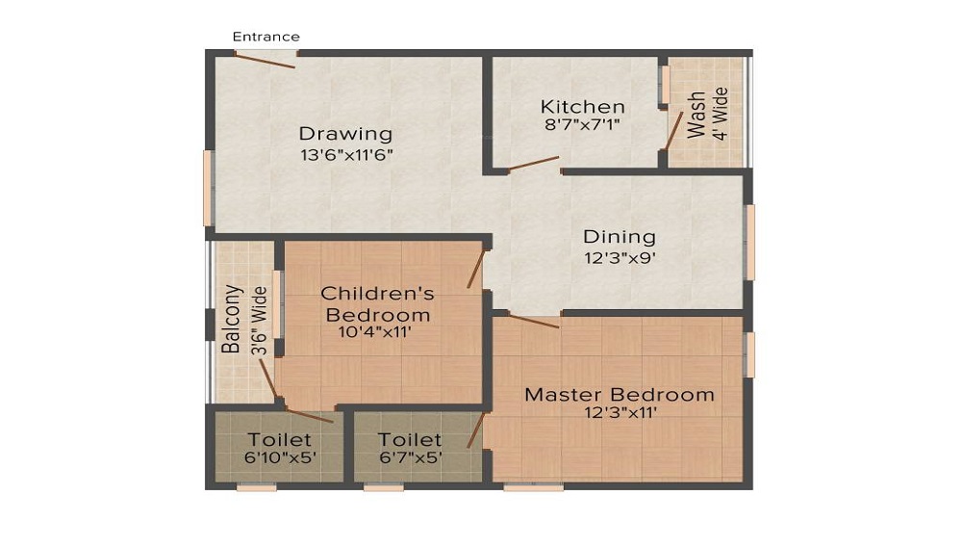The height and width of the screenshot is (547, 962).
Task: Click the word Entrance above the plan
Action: tap(266, 37)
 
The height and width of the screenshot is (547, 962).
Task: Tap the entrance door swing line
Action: tap(266, 60)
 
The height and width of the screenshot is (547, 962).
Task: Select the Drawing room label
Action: tap(345, 134)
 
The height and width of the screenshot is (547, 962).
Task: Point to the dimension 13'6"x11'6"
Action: tap(345, 154)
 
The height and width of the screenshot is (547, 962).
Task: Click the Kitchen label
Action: tap(582, 106)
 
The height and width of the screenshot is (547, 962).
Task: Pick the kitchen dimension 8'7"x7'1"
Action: tap(582, 124)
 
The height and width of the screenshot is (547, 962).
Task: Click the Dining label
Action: tap(620, 237)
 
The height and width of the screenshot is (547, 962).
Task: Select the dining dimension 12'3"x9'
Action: tap(620, 257)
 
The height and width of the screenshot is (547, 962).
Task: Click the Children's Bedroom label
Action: tap(377, 303)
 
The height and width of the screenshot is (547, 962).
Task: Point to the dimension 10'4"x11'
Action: tap(377, 333)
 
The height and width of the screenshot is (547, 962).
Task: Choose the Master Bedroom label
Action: tap(619, 395)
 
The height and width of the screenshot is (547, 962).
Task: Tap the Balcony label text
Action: tap(231, 319)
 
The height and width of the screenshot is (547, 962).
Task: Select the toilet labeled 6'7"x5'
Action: tap(410, 449)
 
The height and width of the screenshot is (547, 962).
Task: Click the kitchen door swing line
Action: tap(534, 164)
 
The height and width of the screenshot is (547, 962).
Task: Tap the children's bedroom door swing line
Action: tap(475, 267)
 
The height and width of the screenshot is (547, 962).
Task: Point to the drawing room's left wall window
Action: tap(208, 188)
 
